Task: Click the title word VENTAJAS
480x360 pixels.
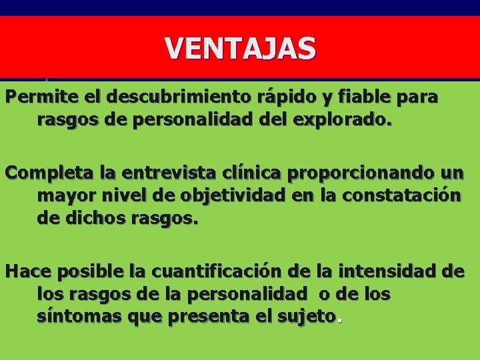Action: (x=240, y=49)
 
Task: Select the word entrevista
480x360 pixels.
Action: (x=157, y=174)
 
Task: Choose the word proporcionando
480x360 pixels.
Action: (x=359, y=174)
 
